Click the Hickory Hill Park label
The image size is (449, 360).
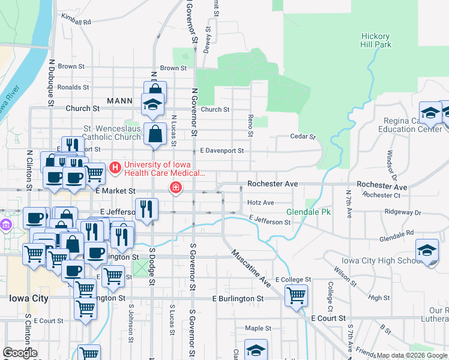pyautogui.click(x=376, y=40)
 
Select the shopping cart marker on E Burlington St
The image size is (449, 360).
pyautogui.click(x=296, y=295)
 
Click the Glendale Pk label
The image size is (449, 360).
pyautogui.click(x=309, y=212)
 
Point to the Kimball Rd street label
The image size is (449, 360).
pyautogui.click(x=76, y=22)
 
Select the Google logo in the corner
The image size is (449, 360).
pyautogui.click(x=20, y=353)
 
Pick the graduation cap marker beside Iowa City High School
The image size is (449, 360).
pyautogui.click(x=427, y=251)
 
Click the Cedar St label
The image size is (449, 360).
pyautogui.click(x=303, y=137)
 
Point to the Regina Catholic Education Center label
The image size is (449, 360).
pyautogui.click(x=410, y=125)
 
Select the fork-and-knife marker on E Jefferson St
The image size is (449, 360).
pyautogui.click(x=146, y=209)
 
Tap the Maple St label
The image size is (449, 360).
pyautogui.click(x=259, y=328)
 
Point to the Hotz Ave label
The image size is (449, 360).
pyautogui.click(x=261, y=203)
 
